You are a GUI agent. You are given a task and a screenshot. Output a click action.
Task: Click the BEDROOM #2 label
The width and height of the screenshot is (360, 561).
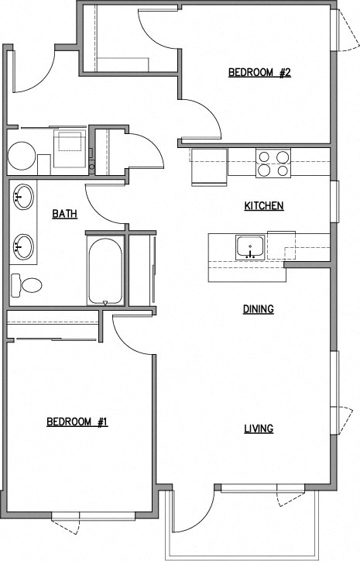259,73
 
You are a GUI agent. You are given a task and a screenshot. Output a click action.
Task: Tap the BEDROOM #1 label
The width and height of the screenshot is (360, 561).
77,422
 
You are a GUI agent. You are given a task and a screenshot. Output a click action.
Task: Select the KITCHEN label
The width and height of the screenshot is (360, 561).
264,205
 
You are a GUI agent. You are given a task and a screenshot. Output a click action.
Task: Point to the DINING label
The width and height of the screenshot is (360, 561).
259,308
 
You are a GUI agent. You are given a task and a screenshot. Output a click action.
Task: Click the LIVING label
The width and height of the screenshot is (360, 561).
259,428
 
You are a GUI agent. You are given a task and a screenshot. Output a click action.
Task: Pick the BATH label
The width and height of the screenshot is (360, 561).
65,214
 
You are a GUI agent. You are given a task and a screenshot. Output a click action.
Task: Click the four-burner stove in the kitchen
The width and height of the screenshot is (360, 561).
273,163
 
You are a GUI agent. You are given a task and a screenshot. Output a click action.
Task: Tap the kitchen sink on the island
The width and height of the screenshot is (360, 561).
250,247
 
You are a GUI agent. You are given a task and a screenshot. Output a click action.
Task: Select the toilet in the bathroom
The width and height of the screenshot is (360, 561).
26,285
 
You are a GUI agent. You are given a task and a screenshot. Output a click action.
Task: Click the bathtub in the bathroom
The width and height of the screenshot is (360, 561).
105,271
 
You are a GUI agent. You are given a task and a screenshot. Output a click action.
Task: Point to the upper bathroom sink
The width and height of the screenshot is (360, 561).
23,197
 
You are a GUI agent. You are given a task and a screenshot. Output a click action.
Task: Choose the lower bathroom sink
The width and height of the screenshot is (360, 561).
23,247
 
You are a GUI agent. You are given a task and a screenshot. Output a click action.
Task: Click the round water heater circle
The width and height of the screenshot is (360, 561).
22,156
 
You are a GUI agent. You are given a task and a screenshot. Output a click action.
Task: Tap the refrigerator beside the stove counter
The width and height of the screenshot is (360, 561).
210,167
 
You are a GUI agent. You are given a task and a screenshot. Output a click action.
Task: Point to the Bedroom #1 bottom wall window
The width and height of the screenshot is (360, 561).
94,515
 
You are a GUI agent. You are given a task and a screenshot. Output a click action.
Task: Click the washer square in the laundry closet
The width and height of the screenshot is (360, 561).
70,149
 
